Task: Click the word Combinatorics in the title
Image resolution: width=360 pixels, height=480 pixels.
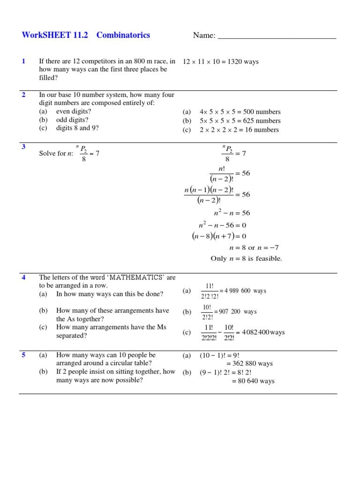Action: click(x=123, y=35)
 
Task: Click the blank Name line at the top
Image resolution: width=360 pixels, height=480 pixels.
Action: click(x=277, y=37)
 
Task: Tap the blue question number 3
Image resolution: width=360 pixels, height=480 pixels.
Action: click(x=23, y=147)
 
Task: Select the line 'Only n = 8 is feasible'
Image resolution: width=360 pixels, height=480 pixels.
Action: click(x=247, y=259)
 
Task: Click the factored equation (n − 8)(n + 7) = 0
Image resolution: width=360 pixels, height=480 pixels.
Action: click(x=219, y=236)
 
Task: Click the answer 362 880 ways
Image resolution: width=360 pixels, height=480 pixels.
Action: click(x=249, y=364)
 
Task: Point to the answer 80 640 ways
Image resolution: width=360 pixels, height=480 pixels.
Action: click(x=253, y=381)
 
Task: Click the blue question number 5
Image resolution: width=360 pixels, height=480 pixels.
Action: click(x=23, y=355)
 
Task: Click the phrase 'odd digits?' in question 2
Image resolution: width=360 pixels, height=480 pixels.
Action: click(x=72, y=120)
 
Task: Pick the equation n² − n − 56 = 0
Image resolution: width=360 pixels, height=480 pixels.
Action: click(x=223, y=225)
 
